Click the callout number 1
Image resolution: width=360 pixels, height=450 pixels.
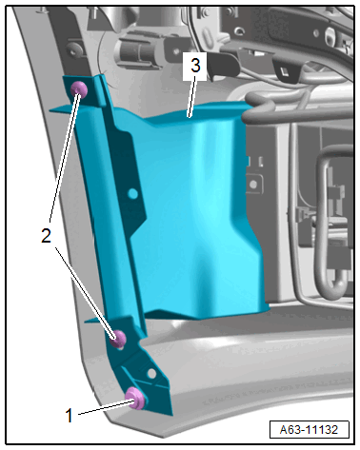click(69, 415)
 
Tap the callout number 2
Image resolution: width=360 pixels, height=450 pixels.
click(46, 236)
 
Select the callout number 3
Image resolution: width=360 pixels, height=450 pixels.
click(195, 66)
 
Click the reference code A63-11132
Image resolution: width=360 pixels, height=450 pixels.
click(309, 430)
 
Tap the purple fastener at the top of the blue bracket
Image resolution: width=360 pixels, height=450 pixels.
click(79, 88)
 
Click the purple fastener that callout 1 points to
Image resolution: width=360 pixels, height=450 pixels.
click(135, 398)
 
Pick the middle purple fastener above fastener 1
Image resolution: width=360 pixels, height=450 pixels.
click(118, 339)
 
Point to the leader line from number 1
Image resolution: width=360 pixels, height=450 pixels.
click(106, 408)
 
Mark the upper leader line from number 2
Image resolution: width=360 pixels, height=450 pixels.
click(64, 157)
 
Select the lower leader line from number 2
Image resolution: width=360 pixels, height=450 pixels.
click(85, 294)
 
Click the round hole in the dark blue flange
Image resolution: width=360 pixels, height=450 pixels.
click(132, 193)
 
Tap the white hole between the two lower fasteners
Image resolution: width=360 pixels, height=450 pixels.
click(151, 373)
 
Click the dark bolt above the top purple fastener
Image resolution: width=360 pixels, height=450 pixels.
click(74, 49)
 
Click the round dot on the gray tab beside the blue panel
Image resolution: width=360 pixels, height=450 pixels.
click(253, 184)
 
